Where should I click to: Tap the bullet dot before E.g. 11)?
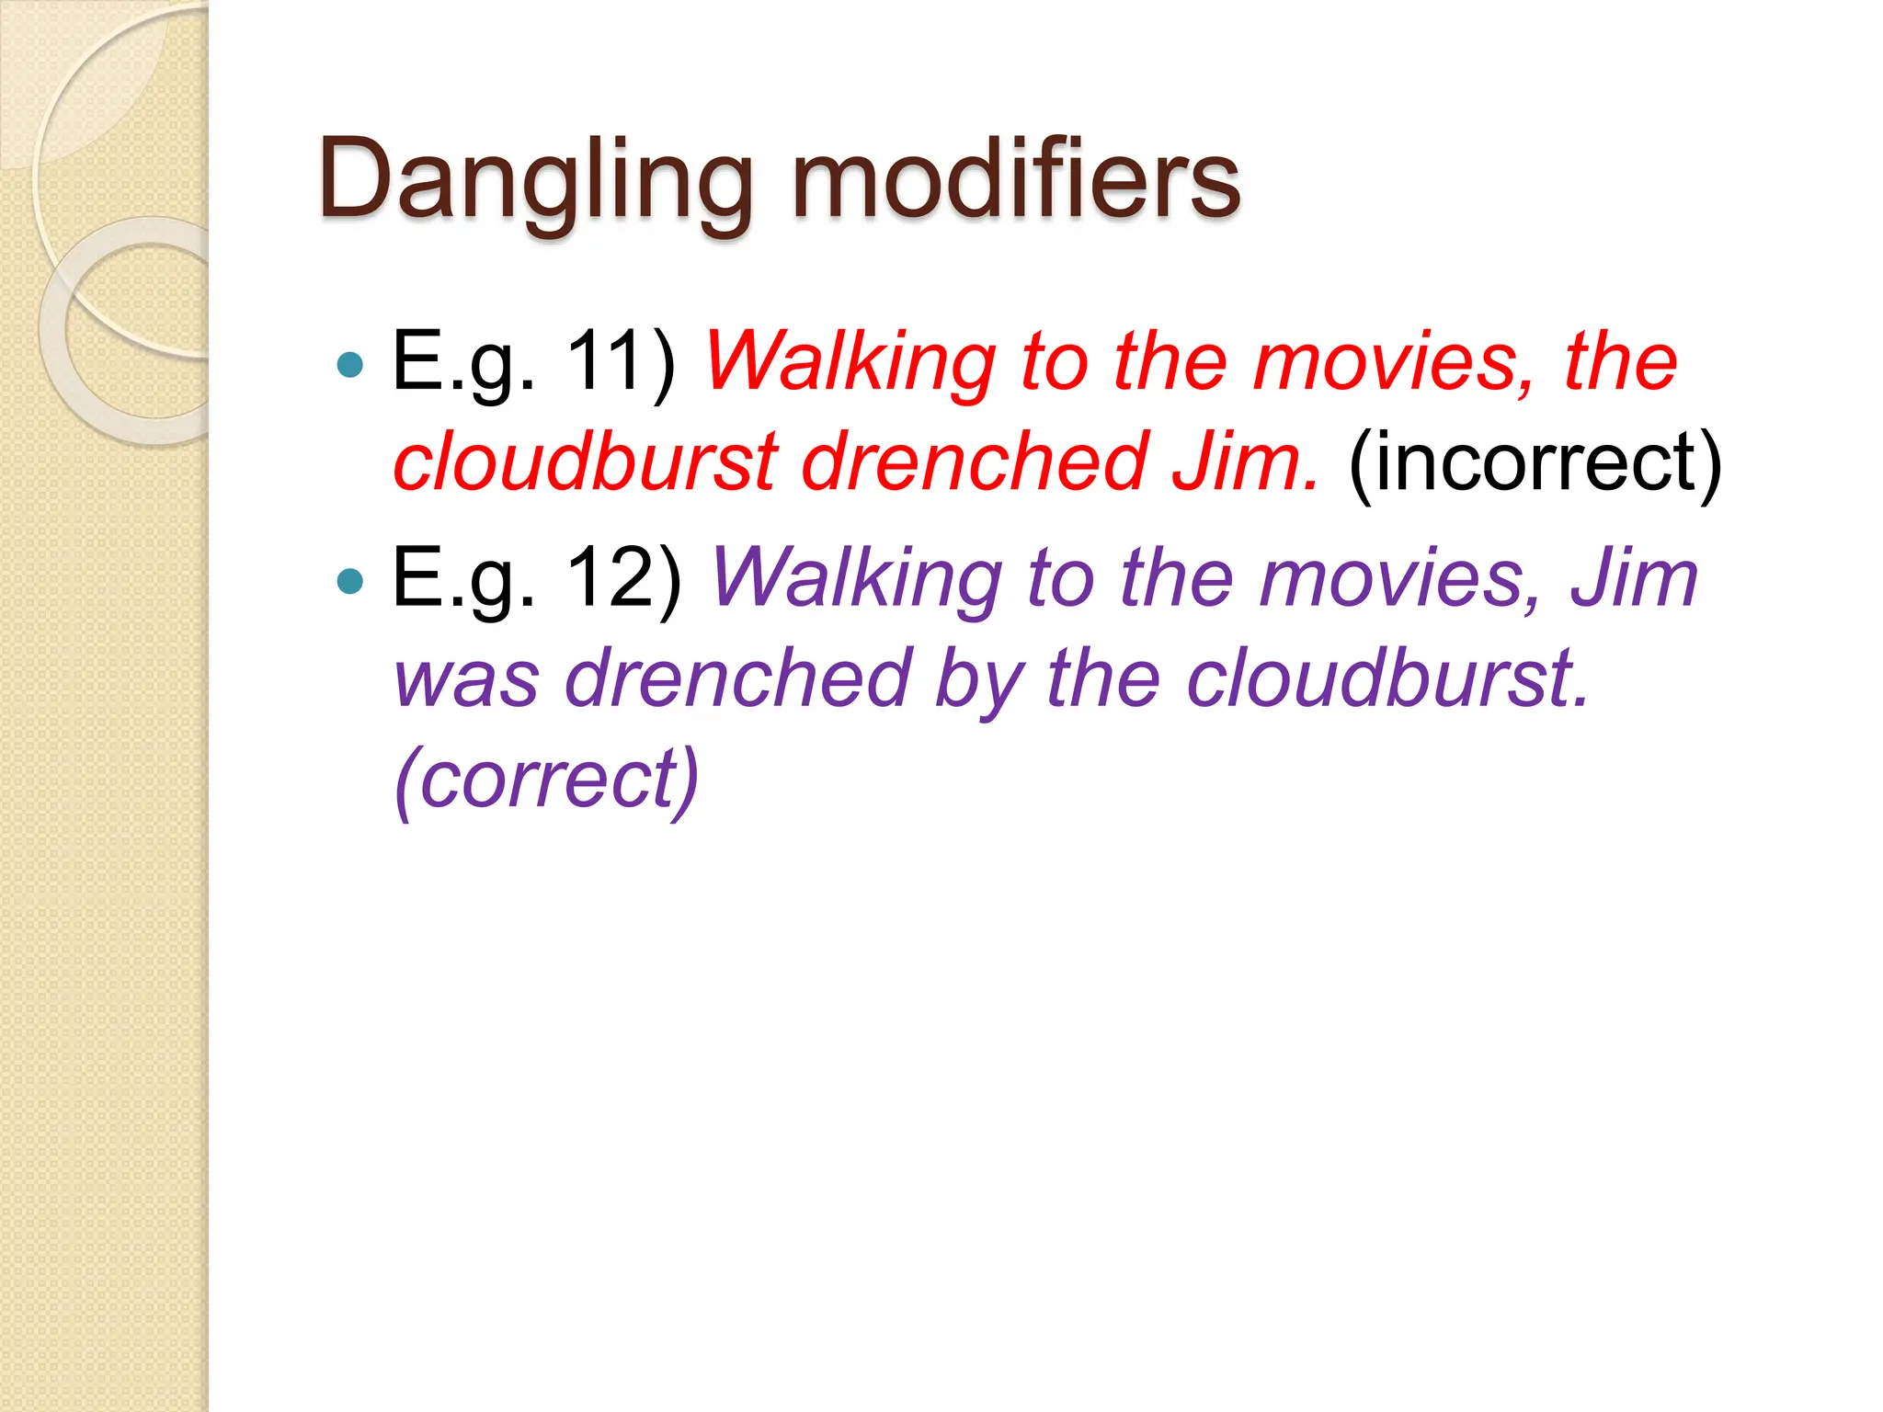pyautogui.click(x=350, y=365)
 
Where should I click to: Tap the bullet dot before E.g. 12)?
pyautogui.click(x=350, y=581)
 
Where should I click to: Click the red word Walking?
pyautogui.click(x=850, y=362)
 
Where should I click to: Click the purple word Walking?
pyautogui.click(x=856, y=579)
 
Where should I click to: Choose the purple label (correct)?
pyautogui.click(x=547, y=779)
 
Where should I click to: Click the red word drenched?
pyautogui.click(x=974, y=461)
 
